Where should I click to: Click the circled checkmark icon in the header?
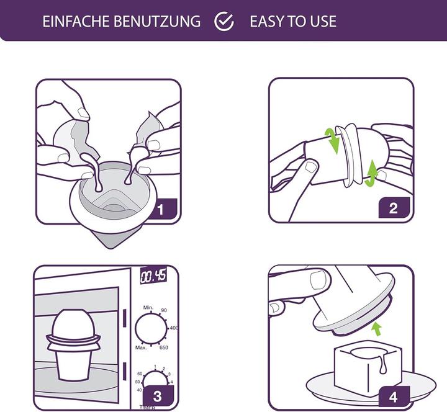223,22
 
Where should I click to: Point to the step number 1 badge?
160,209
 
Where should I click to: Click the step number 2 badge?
393,208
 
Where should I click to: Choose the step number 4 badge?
392,395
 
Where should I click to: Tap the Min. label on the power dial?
148,307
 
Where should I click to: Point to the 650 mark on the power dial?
165,347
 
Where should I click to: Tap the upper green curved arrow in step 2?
332,140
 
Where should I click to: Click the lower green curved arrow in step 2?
371,172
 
